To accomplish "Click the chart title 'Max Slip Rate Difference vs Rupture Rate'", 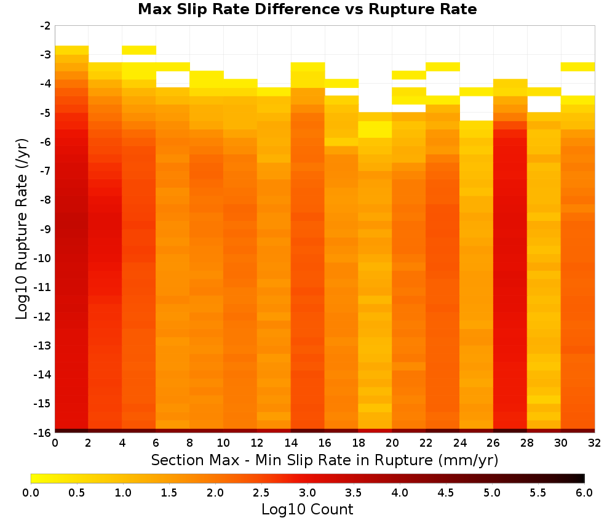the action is (307, 9).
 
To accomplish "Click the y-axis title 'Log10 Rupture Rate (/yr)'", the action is (22, 229).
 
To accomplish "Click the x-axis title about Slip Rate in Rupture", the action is (324, 460).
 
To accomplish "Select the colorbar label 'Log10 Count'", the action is (307, 509).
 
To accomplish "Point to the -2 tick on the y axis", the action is (46, 26).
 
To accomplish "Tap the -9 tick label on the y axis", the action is (46, 229).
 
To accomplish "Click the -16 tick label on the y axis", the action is (43, 433).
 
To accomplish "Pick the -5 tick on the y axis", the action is (46, 113).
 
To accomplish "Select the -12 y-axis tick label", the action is (43, 316).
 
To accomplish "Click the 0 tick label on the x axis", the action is (55, 443).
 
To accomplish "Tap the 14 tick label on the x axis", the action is (291, 443).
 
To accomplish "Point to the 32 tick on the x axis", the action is (594, 443).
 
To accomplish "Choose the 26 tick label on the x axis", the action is (493, 443).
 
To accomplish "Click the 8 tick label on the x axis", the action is (189, 443).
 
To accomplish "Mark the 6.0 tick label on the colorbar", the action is (584, 492).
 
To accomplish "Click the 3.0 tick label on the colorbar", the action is (307, 492).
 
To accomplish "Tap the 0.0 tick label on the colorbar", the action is (31, 492).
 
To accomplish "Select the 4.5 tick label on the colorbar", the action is (445, 492).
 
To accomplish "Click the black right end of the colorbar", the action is (582, 478).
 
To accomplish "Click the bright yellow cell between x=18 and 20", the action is (375, 129).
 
